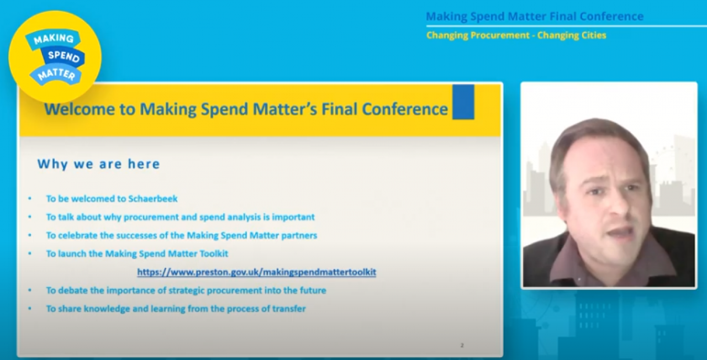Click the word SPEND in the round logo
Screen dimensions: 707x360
[x=64, y=57]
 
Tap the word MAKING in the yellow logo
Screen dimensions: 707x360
[x=54, y=39]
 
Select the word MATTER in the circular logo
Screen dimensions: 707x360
[x=56, y=75]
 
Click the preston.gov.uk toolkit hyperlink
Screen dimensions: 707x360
[x=257, y=272]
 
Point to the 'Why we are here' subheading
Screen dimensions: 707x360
[x=99, y=164]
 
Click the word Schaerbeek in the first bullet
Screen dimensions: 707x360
[x=153, y=199]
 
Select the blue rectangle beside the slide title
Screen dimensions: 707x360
[x=463, y=102]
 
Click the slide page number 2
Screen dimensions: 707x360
[x=462, y=346]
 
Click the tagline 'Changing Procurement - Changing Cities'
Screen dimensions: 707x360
[x=516, y=35]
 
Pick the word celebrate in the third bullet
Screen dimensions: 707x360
[x=72, y=235]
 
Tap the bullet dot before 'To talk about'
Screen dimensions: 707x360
[x=30, y=217]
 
